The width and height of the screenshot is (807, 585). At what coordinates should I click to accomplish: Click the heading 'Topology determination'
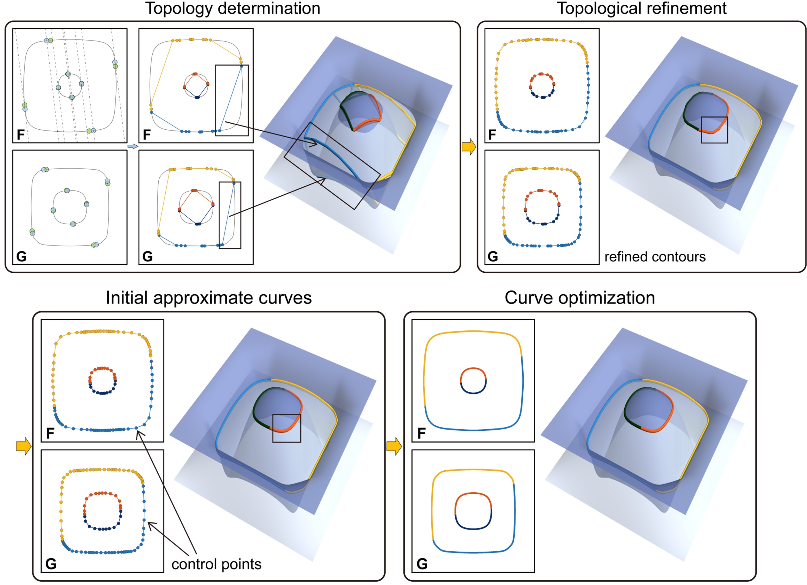click(x=233, y=9)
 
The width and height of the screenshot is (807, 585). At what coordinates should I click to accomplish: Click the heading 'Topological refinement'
click(x=641, y=9)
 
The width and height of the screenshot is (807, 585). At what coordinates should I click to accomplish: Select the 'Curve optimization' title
click(x=580, y=298)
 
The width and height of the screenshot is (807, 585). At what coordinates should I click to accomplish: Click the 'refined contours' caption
click(x=655, y=257)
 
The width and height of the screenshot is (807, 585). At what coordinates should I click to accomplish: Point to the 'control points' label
click(x=216, y=564)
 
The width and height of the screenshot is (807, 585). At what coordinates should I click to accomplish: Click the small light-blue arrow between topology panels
click(x=132, y=146)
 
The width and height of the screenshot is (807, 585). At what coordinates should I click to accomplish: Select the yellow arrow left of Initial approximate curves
click(x=24, y=446)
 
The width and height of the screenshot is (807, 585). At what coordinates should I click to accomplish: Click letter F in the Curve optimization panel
click(x=421, y=433)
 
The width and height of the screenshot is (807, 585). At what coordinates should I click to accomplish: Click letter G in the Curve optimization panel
click(x=422, y=564)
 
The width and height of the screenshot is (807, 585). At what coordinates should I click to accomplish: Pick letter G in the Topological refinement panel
click(x=493, y=256)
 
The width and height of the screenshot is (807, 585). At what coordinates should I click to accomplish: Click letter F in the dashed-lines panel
click(x=21, y=135)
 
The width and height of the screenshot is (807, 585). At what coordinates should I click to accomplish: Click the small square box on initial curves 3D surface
click(x=286, y=428)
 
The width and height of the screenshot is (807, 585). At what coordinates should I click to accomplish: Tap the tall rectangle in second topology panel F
click(x=232, y=100)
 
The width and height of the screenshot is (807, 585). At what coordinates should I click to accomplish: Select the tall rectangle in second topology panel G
click(x=230, y=215)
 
